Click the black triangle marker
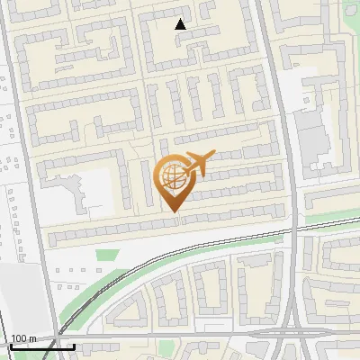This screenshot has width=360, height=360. pyautogui.click(x=181, y=25)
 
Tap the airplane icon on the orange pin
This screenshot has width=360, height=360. pyautogui.click(x=195, y=164)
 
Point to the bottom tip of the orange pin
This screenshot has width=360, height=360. pyautogui.click(x=172, y=213)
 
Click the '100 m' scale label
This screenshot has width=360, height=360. pyautogui.click(x=23, y=338)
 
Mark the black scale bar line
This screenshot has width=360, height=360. pyautogui.click(x=41, y=346)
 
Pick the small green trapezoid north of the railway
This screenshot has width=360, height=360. pyautogui.click(x=107, y=256)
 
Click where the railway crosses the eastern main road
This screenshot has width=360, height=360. pyautogui.click(x=294, y=228)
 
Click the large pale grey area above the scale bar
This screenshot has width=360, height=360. pyautogui.click(x=20, y=297)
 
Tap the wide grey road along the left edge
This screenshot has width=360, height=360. pyautogui.click(x=27, y=180)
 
